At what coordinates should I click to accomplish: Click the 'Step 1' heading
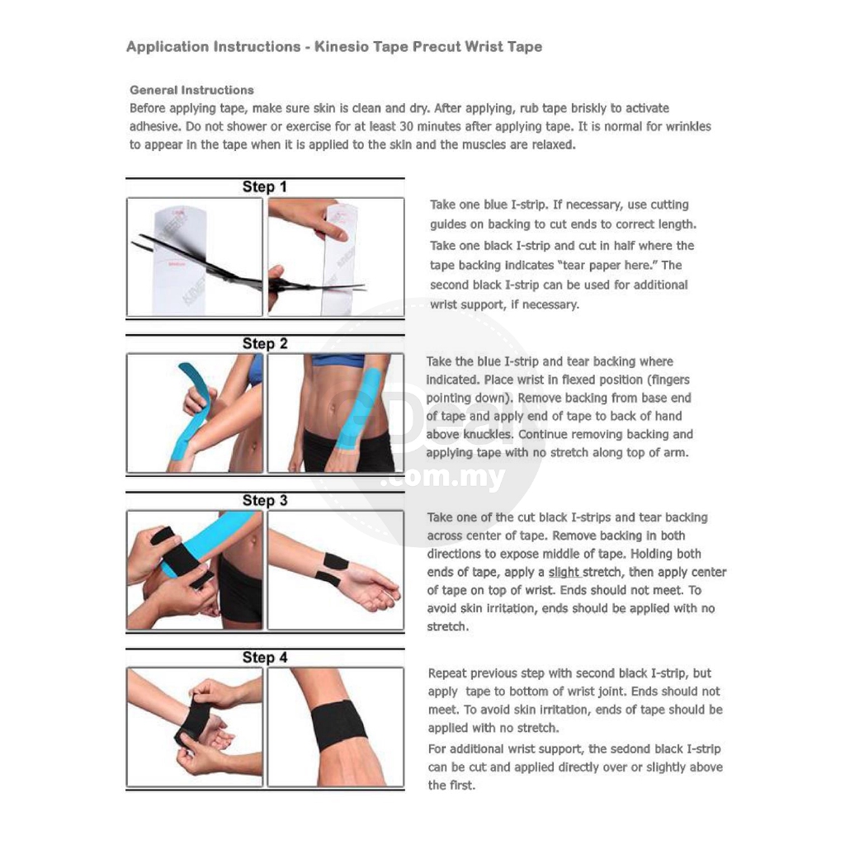(264, 187)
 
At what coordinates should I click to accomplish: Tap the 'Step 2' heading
(265, 344)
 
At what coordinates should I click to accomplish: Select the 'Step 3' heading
(265, 501)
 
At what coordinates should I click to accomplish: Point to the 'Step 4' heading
(265, 658)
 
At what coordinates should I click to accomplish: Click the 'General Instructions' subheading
(191, 90)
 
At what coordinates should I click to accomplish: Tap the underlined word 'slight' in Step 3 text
(564, 573)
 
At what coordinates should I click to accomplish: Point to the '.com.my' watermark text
(443, 478)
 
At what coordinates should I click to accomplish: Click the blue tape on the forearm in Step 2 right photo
(358, 409)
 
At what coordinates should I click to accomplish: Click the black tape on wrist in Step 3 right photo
(333, 569)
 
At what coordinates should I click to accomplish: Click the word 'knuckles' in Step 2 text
(488, 434)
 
